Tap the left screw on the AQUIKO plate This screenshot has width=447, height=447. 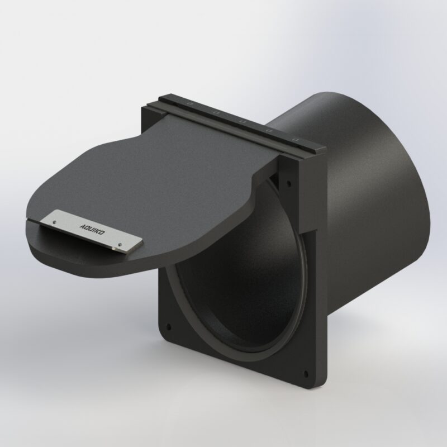54,222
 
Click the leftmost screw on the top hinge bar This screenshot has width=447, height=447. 190,103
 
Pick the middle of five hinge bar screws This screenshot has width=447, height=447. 242,121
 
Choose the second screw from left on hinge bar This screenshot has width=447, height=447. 216,112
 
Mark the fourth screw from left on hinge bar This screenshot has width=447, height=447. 269,130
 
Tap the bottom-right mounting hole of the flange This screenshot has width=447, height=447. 305,374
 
